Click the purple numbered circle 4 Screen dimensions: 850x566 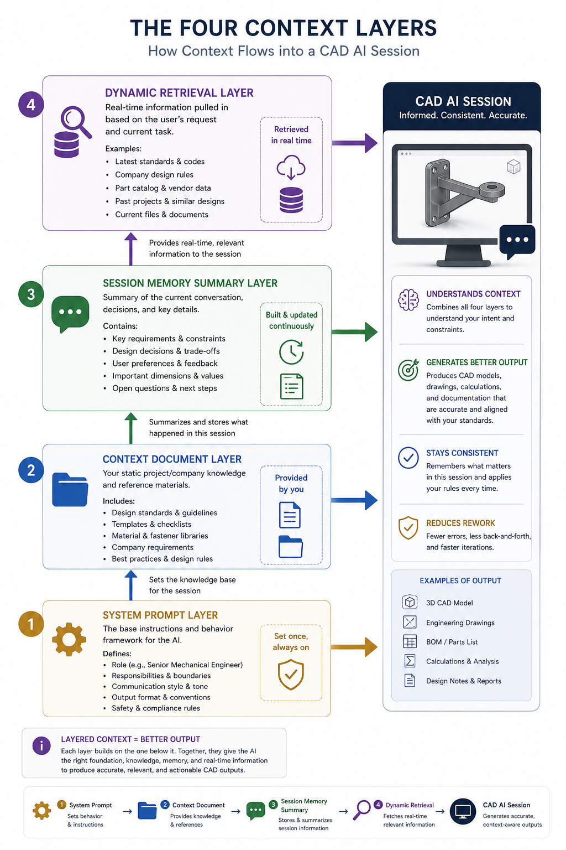31,105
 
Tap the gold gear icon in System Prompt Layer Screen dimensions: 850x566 69,639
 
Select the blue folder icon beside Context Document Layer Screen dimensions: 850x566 70,490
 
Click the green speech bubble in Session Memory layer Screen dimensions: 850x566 70,313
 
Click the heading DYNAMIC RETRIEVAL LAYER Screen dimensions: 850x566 179,93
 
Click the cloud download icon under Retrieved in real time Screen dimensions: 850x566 291,167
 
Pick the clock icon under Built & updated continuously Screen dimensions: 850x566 291,352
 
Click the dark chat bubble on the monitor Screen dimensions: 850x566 517,241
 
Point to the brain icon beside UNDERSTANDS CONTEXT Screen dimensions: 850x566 408,300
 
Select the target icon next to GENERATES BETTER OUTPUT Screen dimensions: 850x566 408,370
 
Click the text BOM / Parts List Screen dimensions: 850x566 452,642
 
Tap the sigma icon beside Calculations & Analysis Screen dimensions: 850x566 410,661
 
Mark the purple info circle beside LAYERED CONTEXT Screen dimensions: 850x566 41,745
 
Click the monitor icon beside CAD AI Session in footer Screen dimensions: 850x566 463,812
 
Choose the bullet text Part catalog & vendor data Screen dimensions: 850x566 163,188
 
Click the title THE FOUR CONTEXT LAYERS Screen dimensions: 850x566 283,28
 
